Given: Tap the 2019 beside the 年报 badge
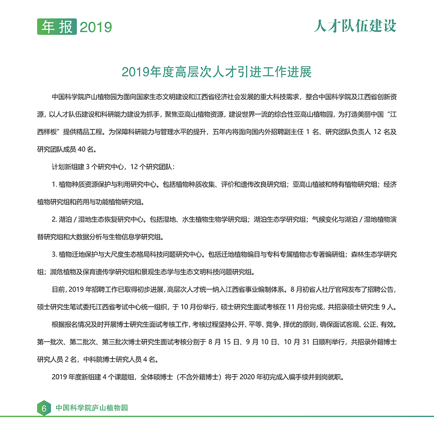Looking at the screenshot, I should pos(96,27).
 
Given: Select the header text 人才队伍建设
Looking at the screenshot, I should pos(355,26).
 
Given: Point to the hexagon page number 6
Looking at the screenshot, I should pos(44,408).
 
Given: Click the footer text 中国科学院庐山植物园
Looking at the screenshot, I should pos(92,408).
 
